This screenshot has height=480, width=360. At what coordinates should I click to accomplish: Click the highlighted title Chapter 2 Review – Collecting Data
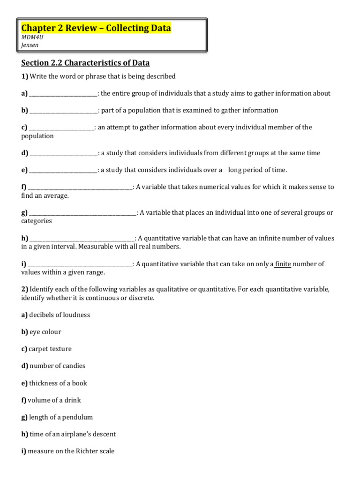pyautogui.click(x=96, y=29)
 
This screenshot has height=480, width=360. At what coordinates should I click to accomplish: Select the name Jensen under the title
pyautogui.click(x=30, y=45)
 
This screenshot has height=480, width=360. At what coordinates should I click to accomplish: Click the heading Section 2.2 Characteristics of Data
pyautogui.click(x=85, y=63)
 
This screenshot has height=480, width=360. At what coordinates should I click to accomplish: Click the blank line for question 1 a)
pyautogui.click(x=63, y=94)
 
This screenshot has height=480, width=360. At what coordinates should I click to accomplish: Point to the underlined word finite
pyautogui.click(x=283, y=264)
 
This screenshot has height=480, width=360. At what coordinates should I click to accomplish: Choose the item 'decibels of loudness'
pyautogui.click(x=59, y=315)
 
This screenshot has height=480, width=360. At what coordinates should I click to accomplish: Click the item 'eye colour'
pyautogui.click(x=45, y=332)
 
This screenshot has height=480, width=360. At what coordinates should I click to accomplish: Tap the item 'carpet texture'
pyautogui.click(x=50, y=349)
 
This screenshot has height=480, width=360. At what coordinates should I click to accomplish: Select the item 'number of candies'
pyautogui.click(x=57, y=366)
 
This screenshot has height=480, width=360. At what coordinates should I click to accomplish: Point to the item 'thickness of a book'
pyautogui.click(x=58, y=383)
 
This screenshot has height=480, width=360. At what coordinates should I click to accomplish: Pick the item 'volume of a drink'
pyautogui.click(x=54, y=400)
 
